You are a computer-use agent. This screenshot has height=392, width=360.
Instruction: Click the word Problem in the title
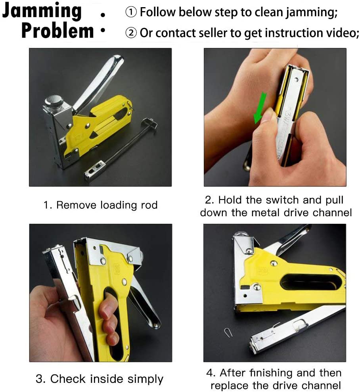point(58,31)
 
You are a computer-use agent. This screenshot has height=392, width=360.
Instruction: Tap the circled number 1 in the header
point(131,13)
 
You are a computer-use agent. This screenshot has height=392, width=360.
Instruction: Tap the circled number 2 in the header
point(131,33)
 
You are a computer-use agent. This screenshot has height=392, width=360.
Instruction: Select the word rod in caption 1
point(149,205)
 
